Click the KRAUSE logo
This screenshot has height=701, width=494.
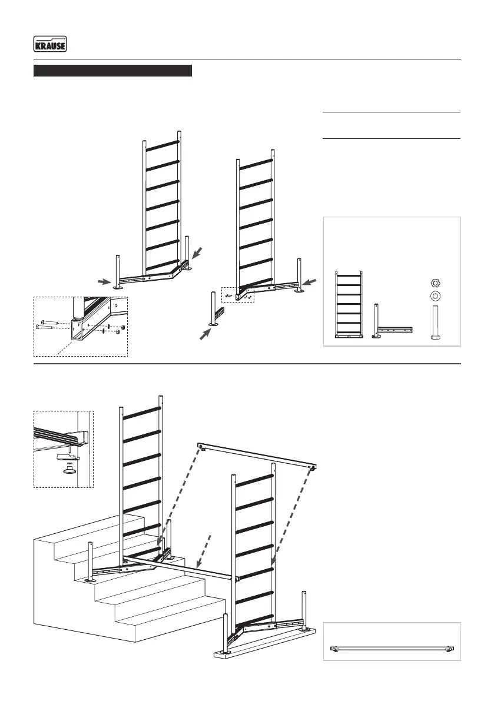click(49, 44)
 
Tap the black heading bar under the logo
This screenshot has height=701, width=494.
click(113, 71)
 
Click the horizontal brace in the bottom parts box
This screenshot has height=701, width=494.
click(392, 647)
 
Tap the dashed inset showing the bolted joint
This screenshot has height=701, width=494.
click(80, 326)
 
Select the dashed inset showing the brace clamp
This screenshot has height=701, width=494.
click(62, 449)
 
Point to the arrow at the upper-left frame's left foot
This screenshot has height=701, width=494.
click(104, 283)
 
